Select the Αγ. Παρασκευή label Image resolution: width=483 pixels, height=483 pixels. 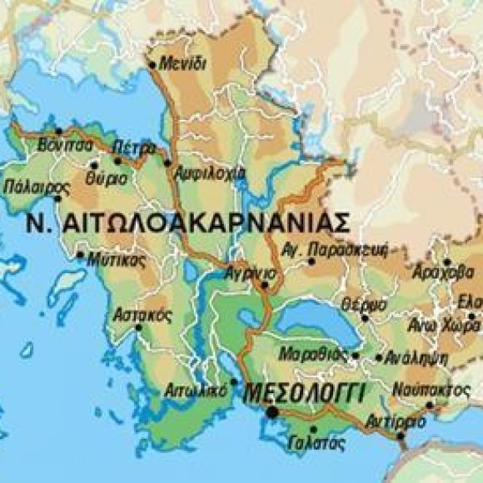(x=348, y=248)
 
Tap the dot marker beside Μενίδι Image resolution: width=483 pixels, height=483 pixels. (x=152, y=64)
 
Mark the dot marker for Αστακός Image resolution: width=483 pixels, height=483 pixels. (x=138, y=327)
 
